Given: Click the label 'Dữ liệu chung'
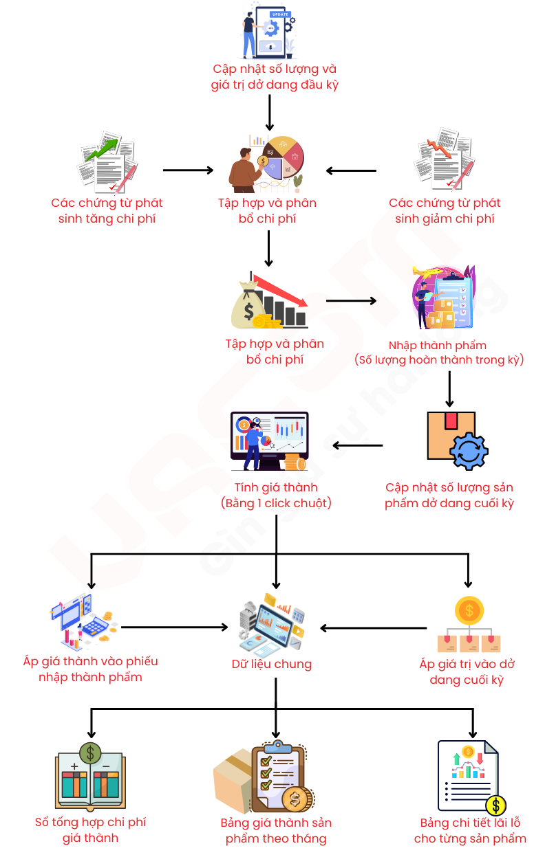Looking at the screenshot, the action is [272, 664].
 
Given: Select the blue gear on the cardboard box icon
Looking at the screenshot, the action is [469, 451].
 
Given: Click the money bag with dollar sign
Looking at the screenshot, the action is [248, 305].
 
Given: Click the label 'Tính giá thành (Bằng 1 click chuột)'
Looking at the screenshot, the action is [276, 495].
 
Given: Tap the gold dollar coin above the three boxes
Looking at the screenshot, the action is [469, 610].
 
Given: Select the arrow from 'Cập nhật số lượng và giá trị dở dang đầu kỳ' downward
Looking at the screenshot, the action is [270, 113].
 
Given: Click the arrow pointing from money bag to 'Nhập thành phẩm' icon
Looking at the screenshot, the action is [351, 301].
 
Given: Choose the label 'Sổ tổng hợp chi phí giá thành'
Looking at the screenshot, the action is [90, 830].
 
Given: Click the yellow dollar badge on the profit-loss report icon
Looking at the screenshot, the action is [495, 805].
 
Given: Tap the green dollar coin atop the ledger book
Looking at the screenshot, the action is [90, 753].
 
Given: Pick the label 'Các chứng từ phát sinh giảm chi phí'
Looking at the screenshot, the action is [445, 210].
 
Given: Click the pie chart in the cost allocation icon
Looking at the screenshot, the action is [284, 157].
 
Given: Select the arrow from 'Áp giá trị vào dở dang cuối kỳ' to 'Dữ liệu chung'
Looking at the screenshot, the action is [374, 628].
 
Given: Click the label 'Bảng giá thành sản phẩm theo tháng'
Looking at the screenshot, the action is [276, 830].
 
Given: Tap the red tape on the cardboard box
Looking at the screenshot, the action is [451, 421].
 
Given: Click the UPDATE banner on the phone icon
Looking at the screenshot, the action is [280, 14].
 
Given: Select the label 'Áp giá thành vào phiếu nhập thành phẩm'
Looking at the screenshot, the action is [90, 669].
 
